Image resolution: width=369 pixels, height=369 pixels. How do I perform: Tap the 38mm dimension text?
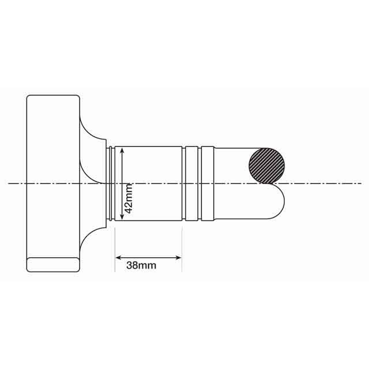tap(141, 266)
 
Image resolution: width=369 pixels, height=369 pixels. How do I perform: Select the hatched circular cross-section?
tap(266, 165)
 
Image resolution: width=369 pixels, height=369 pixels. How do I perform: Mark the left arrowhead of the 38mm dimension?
tap(118, 257)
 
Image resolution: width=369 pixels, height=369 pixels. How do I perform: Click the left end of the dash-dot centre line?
tap(9, 183)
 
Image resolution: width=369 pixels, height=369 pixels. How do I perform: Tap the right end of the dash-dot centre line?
tap(360, 183)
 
